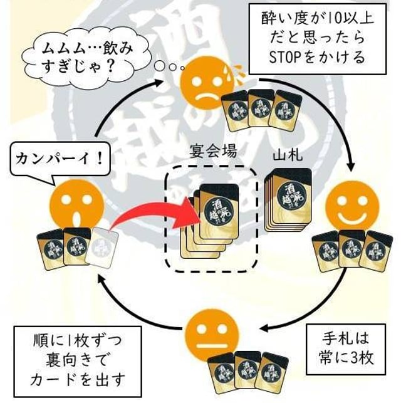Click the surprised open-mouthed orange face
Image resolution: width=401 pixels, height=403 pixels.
[76, 207]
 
